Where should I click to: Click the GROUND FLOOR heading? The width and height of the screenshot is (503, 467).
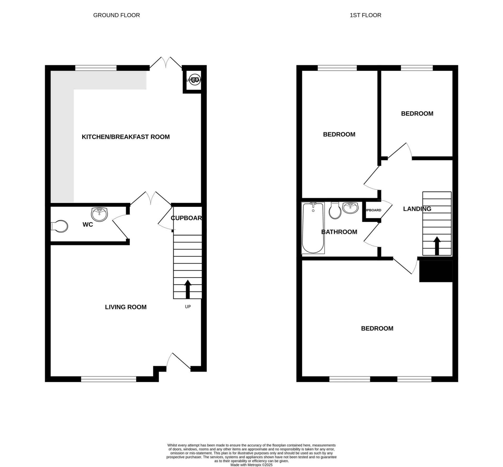[x=116, y=15]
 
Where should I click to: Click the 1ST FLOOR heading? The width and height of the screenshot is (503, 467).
[x=365, y=15]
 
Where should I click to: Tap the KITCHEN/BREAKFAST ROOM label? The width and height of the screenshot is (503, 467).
[x=126, y=137]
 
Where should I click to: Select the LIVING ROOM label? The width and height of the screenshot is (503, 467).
[x=126, y=307]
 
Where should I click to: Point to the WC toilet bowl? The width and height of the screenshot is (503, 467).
[x=60, y=226]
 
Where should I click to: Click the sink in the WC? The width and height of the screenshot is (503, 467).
[x=99, y=214]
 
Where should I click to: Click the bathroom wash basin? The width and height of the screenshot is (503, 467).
[x=350, y=208]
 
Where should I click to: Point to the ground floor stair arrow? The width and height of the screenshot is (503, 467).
[x=188, y=289]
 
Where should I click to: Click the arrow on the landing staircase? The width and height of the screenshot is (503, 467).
[x=437, y=246]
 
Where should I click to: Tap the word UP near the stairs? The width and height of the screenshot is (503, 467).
[x=188, y=307]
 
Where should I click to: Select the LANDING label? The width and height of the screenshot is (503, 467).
[x=417, y=209]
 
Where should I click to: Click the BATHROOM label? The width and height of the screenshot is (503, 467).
[x=339, y=232]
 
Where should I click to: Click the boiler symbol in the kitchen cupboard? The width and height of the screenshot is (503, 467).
[x=194, y=79]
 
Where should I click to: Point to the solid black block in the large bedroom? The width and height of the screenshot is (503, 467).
[x=436, y=271]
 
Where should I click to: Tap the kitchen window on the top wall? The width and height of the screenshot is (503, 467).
[x=96, y=68]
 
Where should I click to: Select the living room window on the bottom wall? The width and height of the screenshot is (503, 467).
[x=109, y=379]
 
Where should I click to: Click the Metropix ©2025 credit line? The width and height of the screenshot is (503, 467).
[x=251, y=465]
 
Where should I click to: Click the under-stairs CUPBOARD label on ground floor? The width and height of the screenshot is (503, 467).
[x=186, y=218]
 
